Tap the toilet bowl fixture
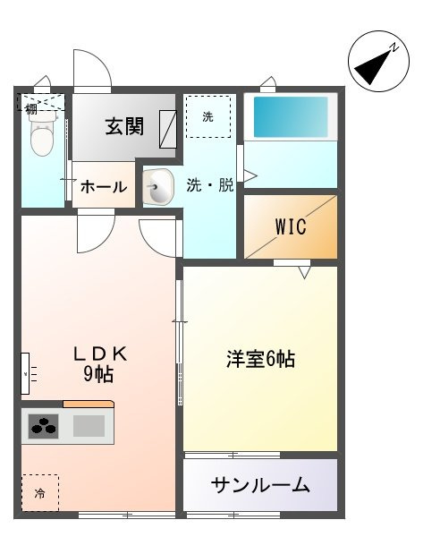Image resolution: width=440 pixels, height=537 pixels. (x=42, y=137)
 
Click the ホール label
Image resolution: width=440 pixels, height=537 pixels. (x=103, y=187)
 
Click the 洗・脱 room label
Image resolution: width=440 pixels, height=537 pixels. (x=210, y=186)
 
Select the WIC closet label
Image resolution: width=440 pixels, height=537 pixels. (x=290, y=227)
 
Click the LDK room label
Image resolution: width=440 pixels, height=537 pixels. (x=100, y=354)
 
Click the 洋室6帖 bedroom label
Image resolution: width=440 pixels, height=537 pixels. (x=260, y=360)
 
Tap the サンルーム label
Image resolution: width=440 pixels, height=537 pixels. (x=260, y=486)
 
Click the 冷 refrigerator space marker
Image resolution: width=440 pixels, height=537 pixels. (x=39, y=492)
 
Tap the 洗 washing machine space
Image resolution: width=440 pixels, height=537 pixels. (x=207, y=116)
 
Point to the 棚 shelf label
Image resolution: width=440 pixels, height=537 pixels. (x=31, y=108)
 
